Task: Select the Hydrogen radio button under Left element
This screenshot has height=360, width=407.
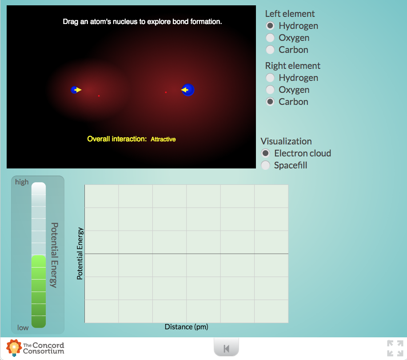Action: coord(270,26)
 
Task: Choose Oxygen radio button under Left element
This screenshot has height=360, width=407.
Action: coord(270,38)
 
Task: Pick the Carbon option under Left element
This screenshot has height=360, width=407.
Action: coord(270,50)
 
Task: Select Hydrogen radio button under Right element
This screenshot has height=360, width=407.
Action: coord(270,78)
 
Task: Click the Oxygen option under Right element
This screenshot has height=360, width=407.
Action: coord(270,90)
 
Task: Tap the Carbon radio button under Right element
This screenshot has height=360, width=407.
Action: coord(270,102)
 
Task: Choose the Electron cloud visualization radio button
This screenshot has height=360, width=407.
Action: coord(266,153)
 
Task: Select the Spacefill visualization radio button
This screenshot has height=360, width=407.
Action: coord(266,165)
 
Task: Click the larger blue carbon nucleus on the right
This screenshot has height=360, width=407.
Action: coord(188,90)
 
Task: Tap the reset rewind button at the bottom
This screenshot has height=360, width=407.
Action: coord(226,348)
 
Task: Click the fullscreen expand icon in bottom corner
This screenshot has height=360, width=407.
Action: coord(395,348)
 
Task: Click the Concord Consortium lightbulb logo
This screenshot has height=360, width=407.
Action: coord(14,348)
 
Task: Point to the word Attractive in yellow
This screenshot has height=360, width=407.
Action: coord(163,139)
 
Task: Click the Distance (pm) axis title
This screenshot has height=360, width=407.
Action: coord(186,327)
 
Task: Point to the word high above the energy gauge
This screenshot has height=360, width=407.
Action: coord(22,182)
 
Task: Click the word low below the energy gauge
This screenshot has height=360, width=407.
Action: coord(23,328)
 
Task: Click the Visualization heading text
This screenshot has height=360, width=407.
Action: coord(286,141)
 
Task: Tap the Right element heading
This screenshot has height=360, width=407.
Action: coord(293,66)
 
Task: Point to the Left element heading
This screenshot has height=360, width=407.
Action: coord(290,14)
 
